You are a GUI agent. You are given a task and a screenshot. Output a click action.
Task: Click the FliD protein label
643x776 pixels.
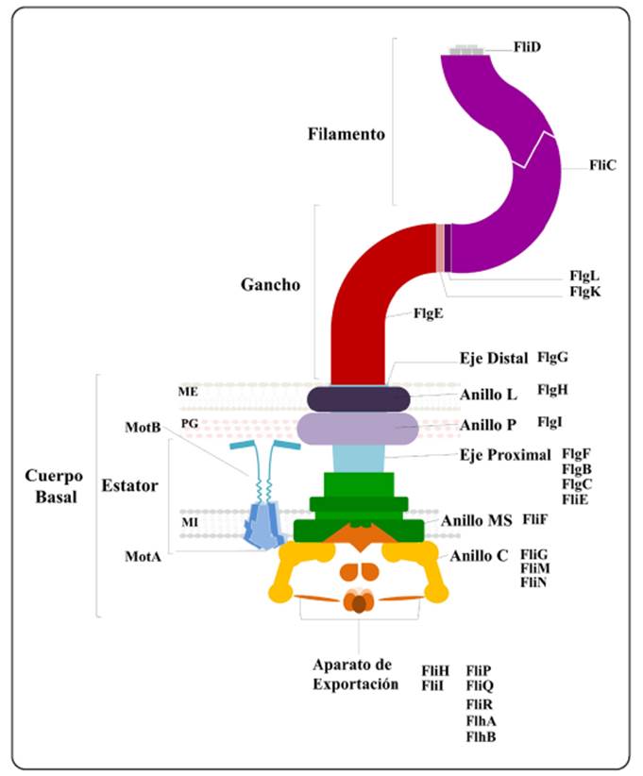527,45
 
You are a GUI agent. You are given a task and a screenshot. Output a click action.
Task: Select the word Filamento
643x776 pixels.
347,134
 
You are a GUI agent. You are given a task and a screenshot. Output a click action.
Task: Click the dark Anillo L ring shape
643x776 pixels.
356,398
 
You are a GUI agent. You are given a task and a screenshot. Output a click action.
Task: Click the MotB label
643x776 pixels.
142,428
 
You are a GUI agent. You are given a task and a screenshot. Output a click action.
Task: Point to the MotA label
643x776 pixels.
143,556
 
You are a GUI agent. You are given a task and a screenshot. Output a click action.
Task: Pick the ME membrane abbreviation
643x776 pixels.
188,390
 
